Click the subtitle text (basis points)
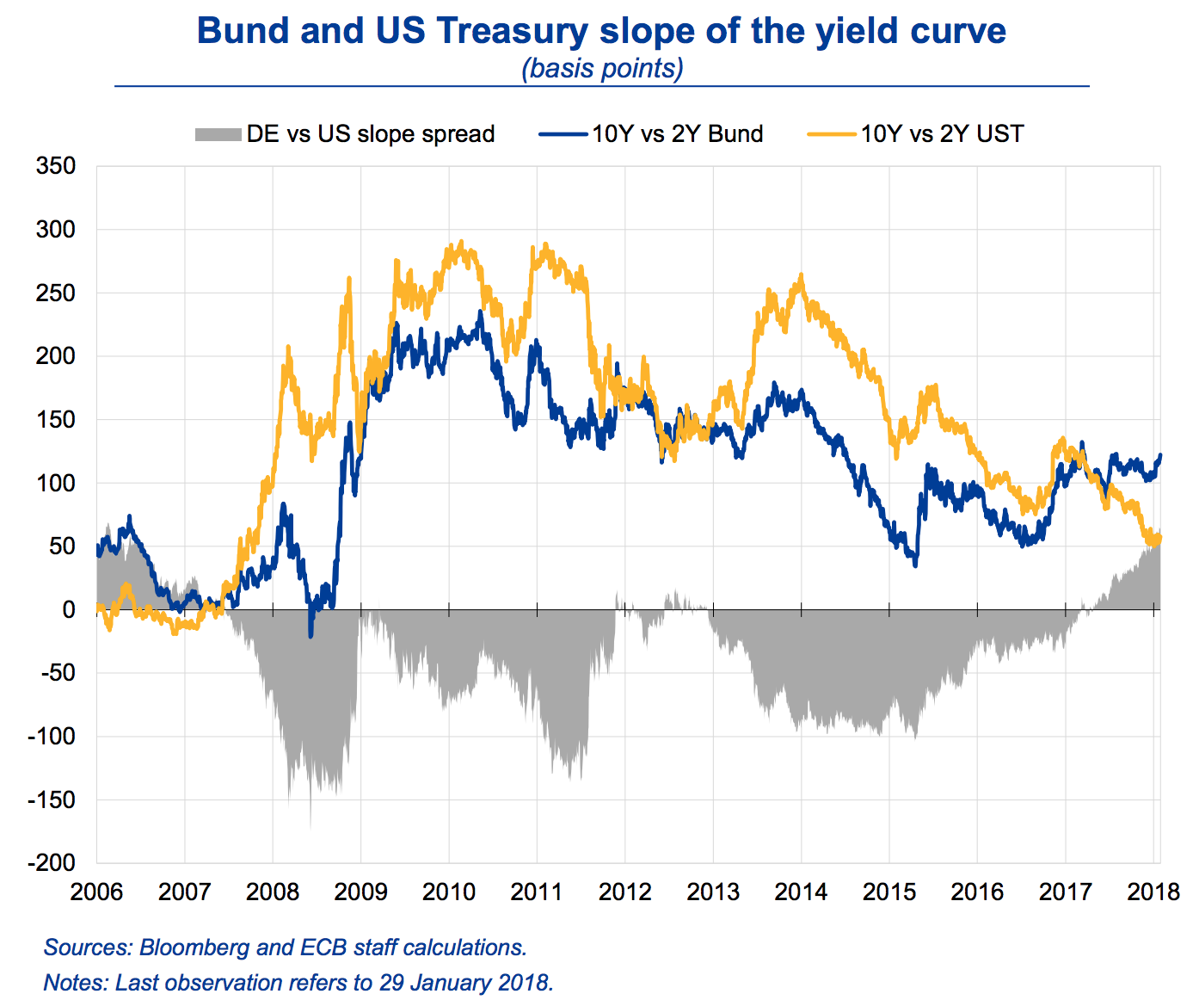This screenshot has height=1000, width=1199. pos(602,68)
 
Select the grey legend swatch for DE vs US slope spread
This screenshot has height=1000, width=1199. pos(217,134)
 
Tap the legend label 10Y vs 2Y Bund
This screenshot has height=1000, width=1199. pos(677,134)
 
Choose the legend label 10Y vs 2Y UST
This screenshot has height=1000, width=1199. pos(942,134)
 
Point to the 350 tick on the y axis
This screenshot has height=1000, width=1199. pos(55,165)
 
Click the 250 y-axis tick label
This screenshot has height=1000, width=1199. pos(55,293)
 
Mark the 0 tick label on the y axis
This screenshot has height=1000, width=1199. pos(68,609)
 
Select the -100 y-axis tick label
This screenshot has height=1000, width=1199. pos(51,736)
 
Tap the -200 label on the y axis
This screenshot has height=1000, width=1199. pos(51,862)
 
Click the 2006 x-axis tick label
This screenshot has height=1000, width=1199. pos(96,892)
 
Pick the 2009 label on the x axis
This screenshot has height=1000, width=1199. pos(360,892)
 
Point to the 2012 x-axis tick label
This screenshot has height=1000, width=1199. pos(624,892)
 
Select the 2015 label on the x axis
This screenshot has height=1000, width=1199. pos(888,892)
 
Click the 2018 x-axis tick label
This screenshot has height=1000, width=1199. pos(1153,892)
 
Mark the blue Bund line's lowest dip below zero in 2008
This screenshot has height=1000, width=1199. pos(311,635)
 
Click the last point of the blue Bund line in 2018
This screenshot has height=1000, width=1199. pos(1160,455)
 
